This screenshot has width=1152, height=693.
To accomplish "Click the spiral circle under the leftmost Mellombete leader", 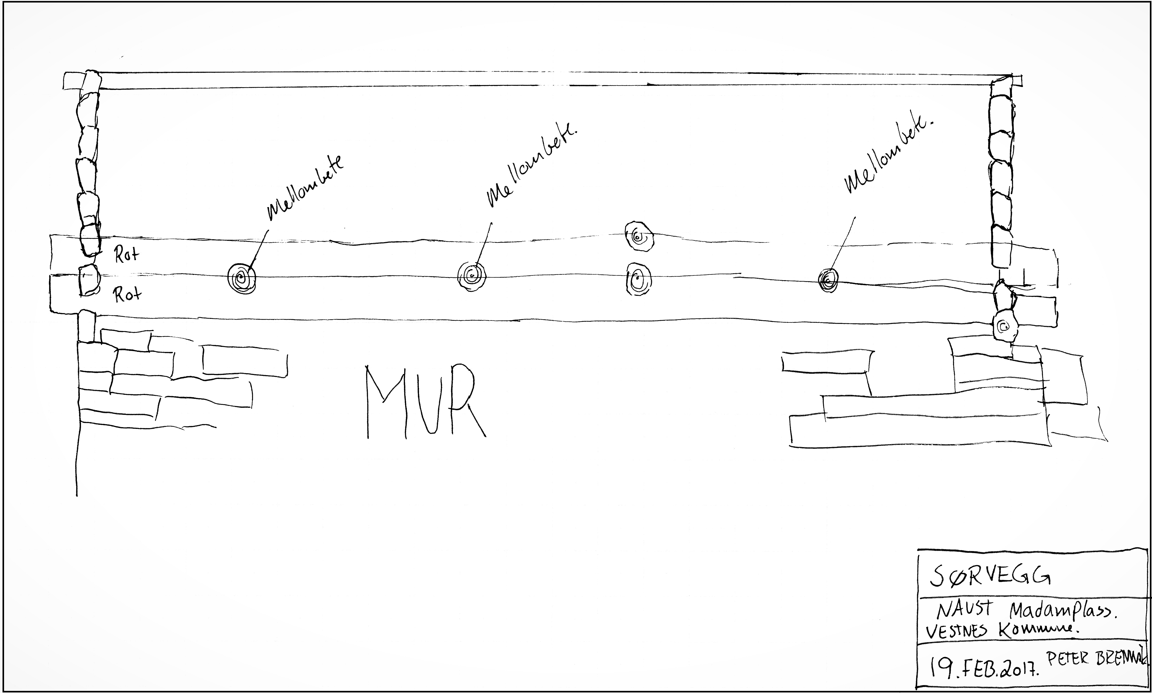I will (242, 279).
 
